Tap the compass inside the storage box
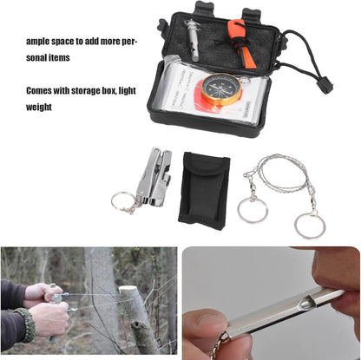tap(220, 88)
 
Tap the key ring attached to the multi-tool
tap(121, 202)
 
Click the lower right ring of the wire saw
tap(309, 226)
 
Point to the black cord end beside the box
tap(324, 84)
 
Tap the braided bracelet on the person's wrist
tap(28, 324)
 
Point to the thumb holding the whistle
tap(201, 328)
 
